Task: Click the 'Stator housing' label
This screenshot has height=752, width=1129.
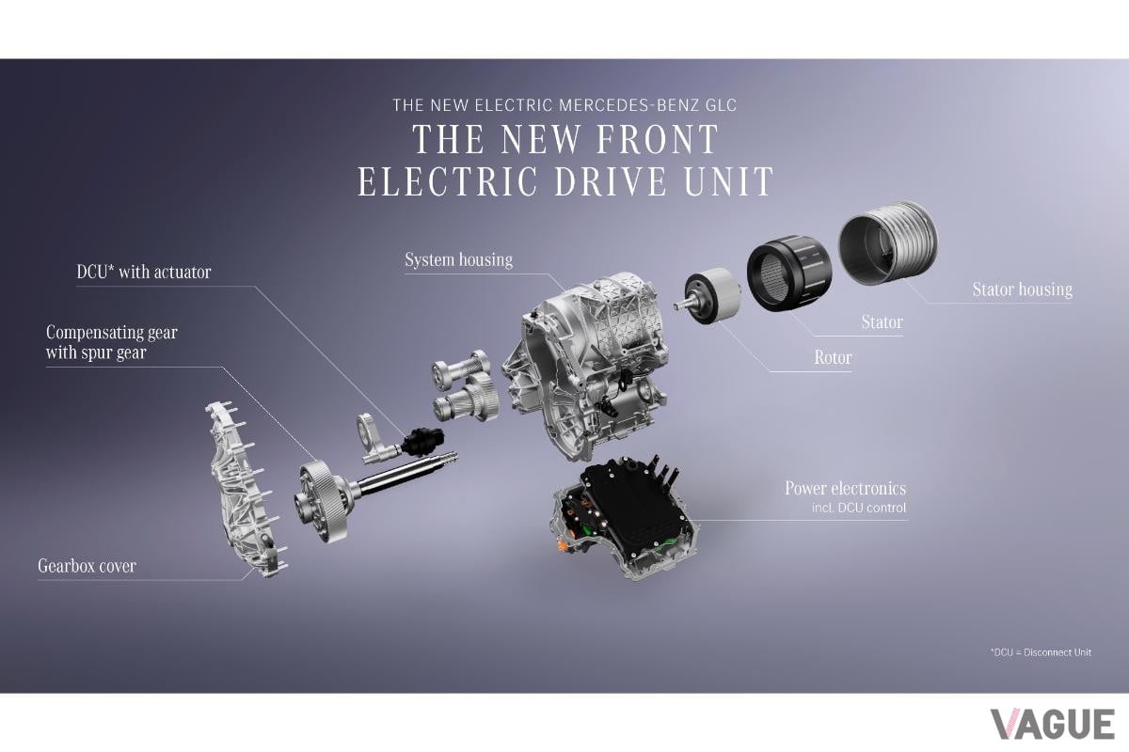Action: [1022, 290]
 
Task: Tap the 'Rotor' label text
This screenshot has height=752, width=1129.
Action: [833, 357]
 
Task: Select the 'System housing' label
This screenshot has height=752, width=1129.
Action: [459, 259]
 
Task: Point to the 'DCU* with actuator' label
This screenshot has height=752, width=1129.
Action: [144, 272]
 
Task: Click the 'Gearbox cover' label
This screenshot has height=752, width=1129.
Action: [87, 566]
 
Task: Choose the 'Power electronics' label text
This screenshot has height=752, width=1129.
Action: [845, 488]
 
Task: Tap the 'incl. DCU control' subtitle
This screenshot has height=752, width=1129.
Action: [859, 508]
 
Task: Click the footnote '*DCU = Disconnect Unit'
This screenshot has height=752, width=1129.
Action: [1041, 652]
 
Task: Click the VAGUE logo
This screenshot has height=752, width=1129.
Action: [1053, 725]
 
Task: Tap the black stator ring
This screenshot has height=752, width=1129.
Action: [788, 272]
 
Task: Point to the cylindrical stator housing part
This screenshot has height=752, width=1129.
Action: [888, 243]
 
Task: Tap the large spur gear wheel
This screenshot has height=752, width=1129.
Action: [323, 502]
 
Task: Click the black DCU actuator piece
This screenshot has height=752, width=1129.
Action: [423, 440]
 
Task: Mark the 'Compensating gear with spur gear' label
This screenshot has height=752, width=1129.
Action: [111, 342]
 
